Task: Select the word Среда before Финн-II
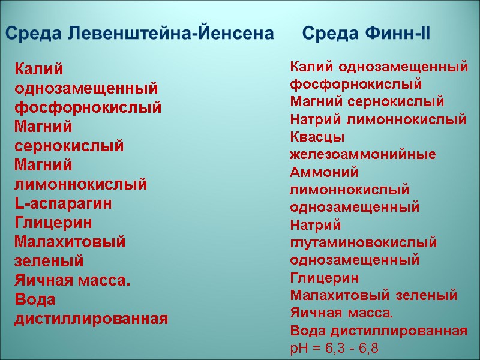328,34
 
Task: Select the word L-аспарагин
63,203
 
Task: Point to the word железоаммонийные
363,154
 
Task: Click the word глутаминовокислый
363,243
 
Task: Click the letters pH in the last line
298,348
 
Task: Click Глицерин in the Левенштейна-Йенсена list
53,223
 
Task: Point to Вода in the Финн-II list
307,330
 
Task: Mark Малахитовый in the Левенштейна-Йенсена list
70,242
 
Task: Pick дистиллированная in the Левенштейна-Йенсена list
91,318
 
